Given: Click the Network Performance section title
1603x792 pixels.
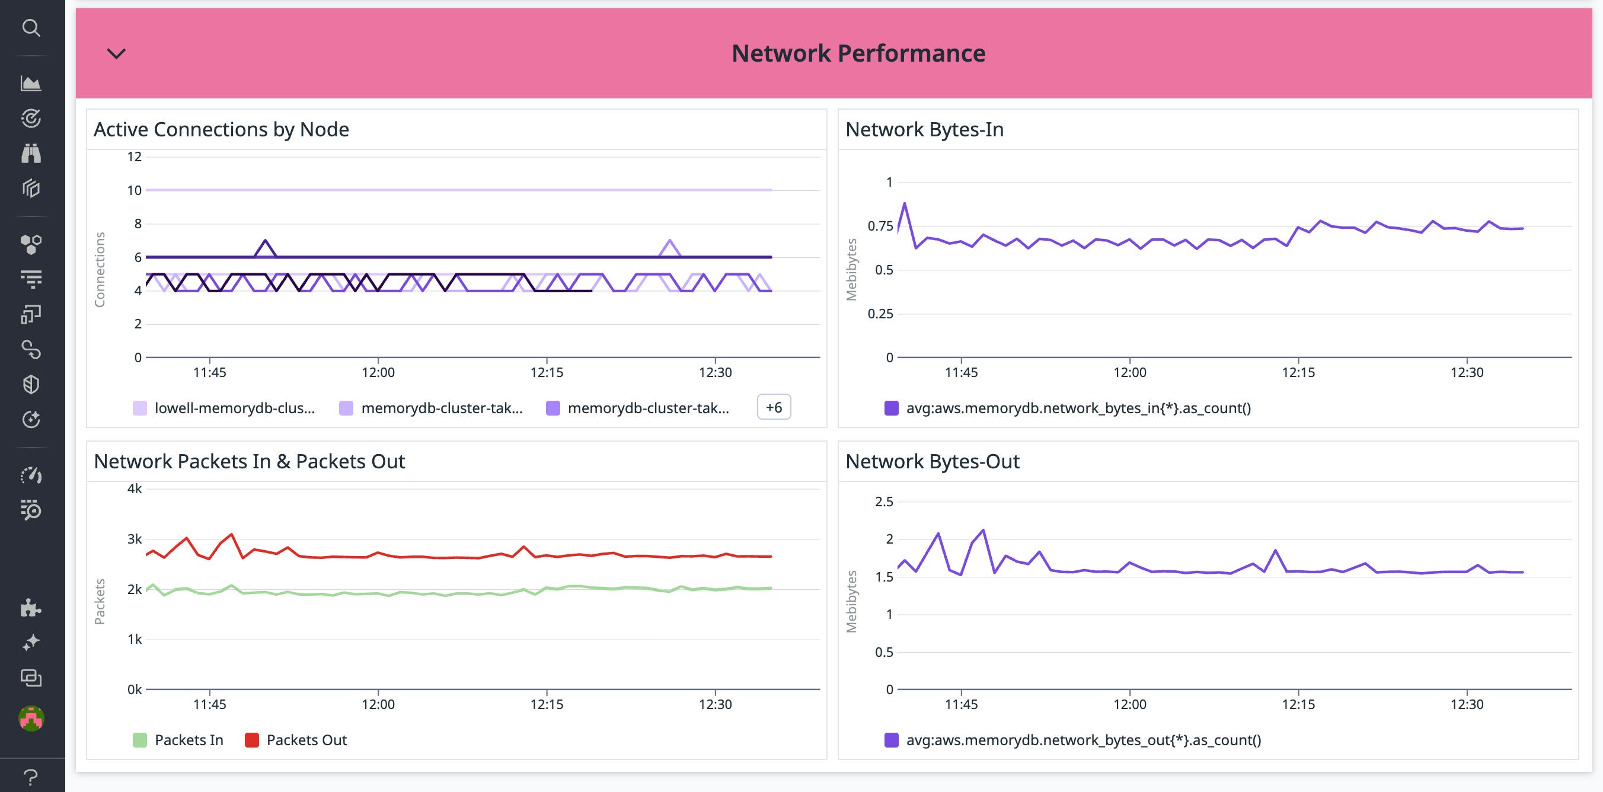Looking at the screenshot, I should click(x=858, y=53).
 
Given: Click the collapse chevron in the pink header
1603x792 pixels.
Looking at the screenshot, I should click(x=116, y=53).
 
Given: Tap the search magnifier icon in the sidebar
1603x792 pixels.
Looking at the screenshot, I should click(x=31, y=28).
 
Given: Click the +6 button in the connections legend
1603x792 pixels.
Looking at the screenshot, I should click(x=774, y=407).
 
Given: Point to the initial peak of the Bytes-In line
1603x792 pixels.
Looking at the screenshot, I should click(x=904, y=203).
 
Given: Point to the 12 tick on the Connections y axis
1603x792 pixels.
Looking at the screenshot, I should click(x=135, y=157).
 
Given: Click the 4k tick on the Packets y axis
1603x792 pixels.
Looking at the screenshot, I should click(x=135, y=489).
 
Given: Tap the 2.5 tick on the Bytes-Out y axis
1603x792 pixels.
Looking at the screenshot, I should click(x=884, y=502).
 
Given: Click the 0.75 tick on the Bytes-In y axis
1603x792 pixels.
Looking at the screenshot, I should click(x=880, y=226).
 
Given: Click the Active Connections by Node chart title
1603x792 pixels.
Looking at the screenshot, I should click(x=221, y=129).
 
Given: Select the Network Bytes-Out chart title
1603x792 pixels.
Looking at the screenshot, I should click(x=931, y=462).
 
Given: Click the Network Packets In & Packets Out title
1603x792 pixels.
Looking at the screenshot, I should click(x=249, y=462).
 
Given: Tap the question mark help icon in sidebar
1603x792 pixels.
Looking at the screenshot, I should click(x=31, y=777).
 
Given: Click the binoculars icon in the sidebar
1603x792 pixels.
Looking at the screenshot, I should click(x=31, y=153).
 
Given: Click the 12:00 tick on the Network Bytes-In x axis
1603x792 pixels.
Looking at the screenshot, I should click(x=1129, y=373).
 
